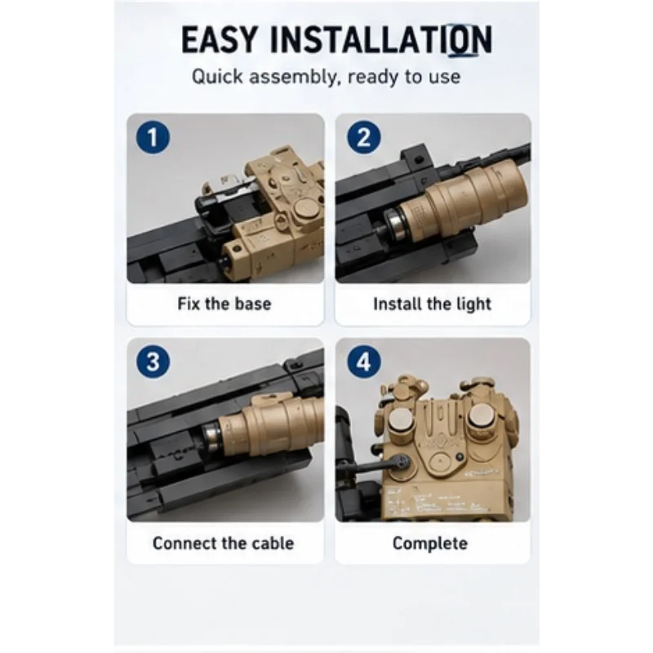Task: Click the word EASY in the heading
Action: (x=219, y=39)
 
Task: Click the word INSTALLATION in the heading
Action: (x=381, y=39)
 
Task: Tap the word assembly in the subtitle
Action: (x=292, y=77)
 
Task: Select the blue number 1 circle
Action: (x=153, y=137)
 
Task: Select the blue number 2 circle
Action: (x=363, y=137)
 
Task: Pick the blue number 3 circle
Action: (x=153, y=362)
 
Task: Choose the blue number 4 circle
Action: (x=363, y=362)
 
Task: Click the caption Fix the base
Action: (x=224, y=304)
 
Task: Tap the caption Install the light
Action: (x=433, y=304)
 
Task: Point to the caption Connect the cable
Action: (x=223, y=544)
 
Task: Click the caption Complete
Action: (x=430, y=544)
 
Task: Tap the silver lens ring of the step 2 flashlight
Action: (x=393, y=225)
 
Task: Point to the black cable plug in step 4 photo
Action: (x=400, y=461)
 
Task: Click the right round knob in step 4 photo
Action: (x=478, y=416)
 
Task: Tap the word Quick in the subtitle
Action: (x=217, y=77)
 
